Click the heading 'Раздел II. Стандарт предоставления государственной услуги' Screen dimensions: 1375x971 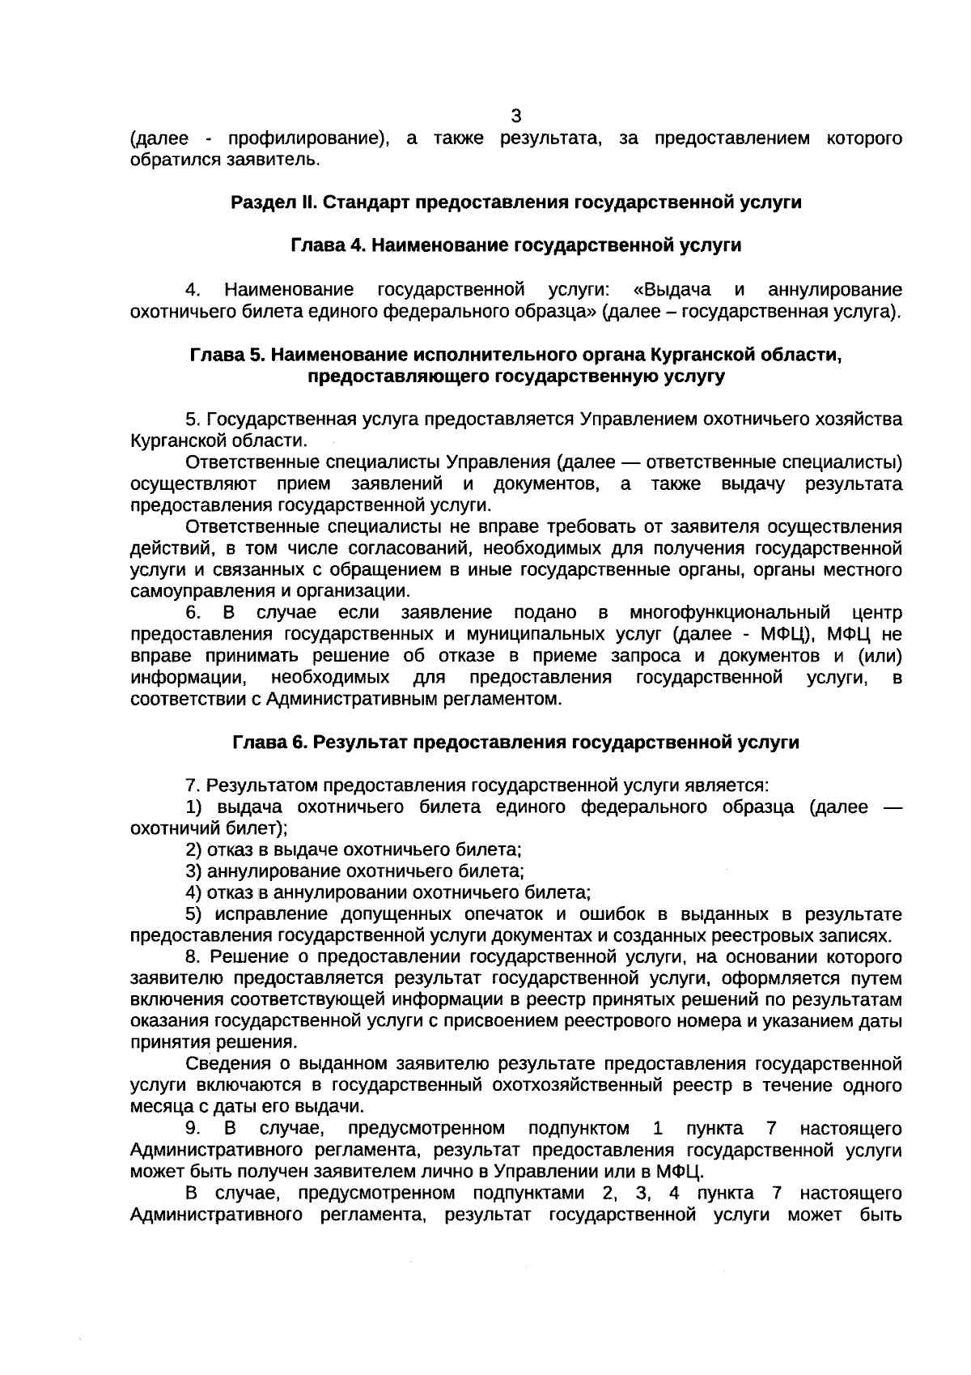coord(516,202)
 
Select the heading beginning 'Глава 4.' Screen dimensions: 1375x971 coord(516,245)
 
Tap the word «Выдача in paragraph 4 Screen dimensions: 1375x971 coord(672,289)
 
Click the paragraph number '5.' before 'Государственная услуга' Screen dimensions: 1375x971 coord(193,419)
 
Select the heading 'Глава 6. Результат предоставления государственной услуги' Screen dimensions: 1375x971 coord(516,742)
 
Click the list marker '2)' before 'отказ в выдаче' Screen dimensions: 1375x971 coord(193,849)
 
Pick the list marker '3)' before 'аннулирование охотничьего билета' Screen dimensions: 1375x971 coord(193,871)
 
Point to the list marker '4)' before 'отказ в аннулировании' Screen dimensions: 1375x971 coord(193,892)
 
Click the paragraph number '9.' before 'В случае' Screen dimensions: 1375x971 coord(193,1128)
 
